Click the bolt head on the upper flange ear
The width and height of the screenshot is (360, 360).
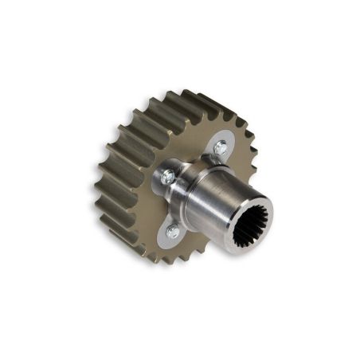pos(221,147)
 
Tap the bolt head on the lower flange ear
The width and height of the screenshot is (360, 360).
pos(173,231)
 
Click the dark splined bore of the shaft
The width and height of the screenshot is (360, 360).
pos(248,226)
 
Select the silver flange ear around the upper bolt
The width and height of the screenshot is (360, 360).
pos(213,140)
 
